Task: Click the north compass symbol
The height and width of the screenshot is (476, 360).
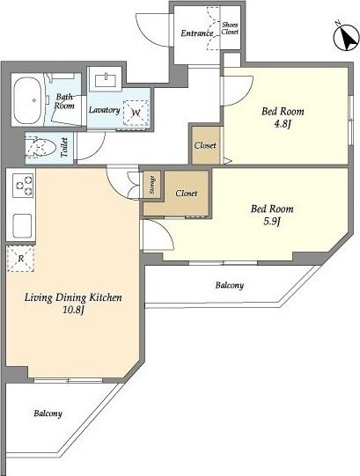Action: pyautogui.click(x=346, y=37)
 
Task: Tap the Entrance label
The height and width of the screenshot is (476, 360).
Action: pyautogui.click(x=197, y=33)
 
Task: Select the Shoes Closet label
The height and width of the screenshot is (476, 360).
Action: pyautogui.click(x=230, y=28)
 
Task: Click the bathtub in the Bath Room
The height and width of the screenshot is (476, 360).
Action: pyautogui.click(x=27, y=100)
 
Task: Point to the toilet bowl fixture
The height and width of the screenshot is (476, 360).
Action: pyautogui.click(x=41, y=148)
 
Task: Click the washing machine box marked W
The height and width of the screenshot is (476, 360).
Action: pyautogui.click(x=136, y=113)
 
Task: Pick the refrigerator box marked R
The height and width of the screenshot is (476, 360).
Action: pyautogui.click(x=20, y=259)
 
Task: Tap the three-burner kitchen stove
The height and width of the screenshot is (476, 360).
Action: pyautogui.click(x=24, y=185)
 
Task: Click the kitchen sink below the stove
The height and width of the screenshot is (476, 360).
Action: pyautogui.click(x=22, y=226)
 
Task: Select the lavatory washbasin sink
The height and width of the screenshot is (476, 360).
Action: pyautogui.click(x=106, y=80)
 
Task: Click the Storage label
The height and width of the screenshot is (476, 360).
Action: pyautogui.click(x=152, y=185)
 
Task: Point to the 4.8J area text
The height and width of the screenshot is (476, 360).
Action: pyautogui.click(x=283, y=124)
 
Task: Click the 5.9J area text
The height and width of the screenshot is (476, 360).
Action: pyautogui.click(x=272, y=222)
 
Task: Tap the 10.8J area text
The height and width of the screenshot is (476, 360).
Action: pyautogui.click(x=73, y=310)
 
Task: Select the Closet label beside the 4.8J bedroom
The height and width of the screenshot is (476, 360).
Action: pyautogui.click(x=205, y=145)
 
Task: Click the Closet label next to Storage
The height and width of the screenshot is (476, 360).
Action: pyautogui.click(x=187, y=193)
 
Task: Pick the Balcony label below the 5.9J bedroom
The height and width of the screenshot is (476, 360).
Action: pyautogui.click(x=230, y=285)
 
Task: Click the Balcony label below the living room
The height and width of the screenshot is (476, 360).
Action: pyautogui.click(x=48, y=414)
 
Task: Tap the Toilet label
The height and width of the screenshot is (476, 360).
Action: pyautogui.click(x=64, y=147)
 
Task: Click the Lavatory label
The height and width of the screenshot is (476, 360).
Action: pyautogui.click(x=105, y=110)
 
